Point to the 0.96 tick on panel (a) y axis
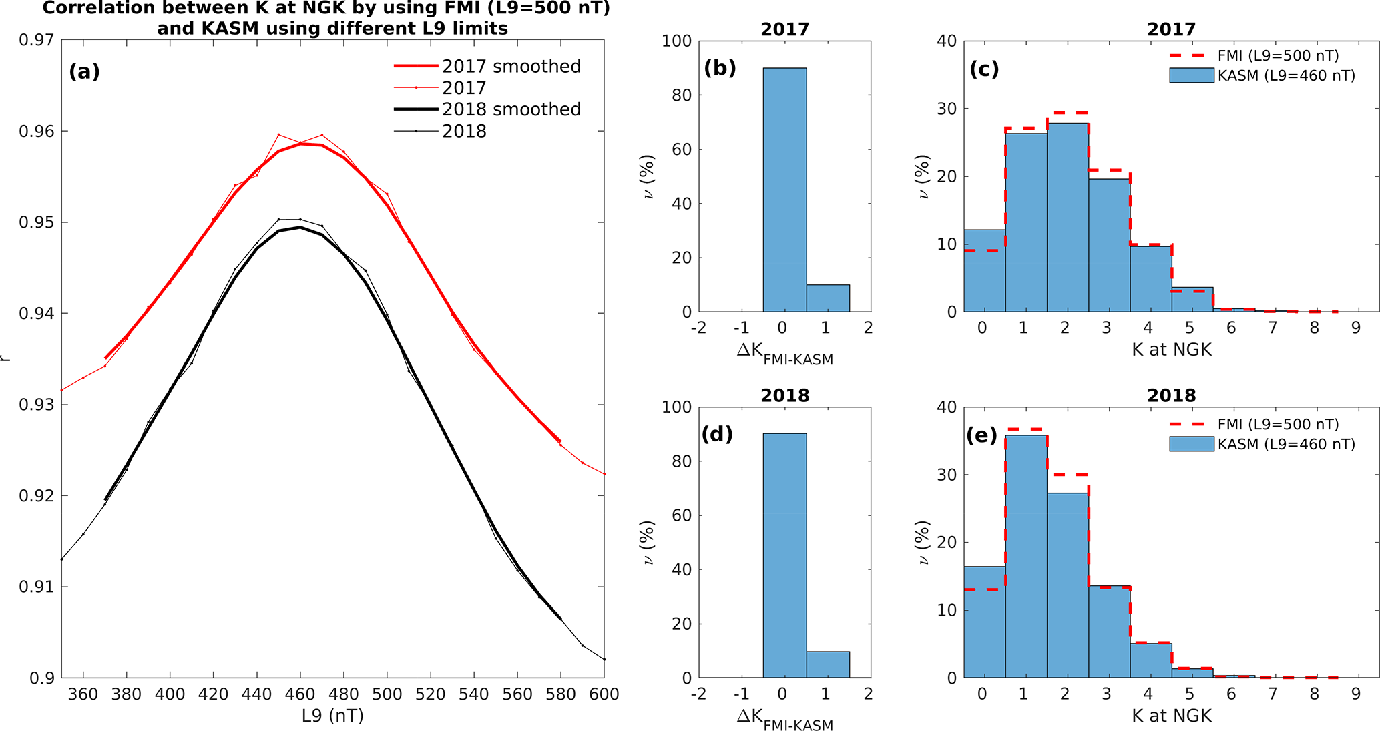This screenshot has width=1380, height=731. pyautogui.click(x=36, y=132)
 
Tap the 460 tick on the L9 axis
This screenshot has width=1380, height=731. pyautogui.click(x=300, y=694)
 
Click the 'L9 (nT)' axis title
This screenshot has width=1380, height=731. pyautogui.click(x=332, y=716)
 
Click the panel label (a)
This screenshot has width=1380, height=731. pyautogui.click(x=84, y=71)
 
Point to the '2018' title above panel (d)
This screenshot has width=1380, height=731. pyautogui.click(x=784, y=395)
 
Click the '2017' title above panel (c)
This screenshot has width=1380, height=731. pyautogui.click(x=1171, y=29)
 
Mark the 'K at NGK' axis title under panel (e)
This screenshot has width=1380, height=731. pyautogui.click(x=1171, y=716)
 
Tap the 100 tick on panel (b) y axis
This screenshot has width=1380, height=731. pyautogui.click(x=677, y=41)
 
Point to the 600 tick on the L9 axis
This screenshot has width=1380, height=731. pyautogui.click(x=604, y=694)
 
